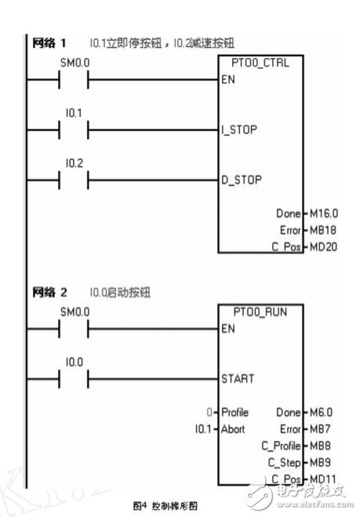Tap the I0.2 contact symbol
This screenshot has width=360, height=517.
coord(74,180)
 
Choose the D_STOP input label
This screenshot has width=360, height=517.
coord(240,180)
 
